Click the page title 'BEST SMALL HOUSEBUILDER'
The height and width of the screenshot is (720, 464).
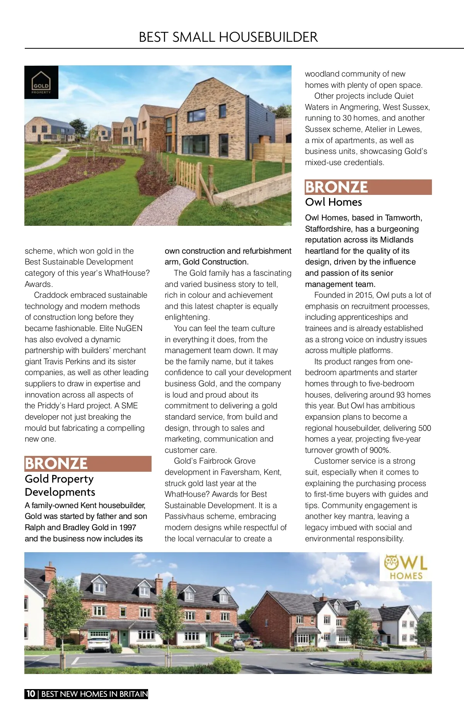[x=228, y=37]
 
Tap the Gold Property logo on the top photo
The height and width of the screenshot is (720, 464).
[x=41, y=82]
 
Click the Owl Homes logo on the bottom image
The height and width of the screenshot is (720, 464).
[x=406, y=567]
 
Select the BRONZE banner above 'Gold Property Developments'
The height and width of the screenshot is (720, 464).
[x=88, y=464]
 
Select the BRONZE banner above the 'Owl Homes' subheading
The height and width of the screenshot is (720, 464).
[x=368, y=187]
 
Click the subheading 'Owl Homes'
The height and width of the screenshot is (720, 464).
[x=333, y=202]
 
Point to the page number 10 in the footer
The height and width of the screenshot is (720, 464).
[x=31, y=694]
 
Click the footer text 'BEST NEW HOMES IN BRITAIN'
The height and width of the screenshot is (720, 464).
[x=94, y=694]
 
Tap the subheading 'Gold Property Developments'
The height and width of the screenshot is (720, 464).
[x=60, y=485]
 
